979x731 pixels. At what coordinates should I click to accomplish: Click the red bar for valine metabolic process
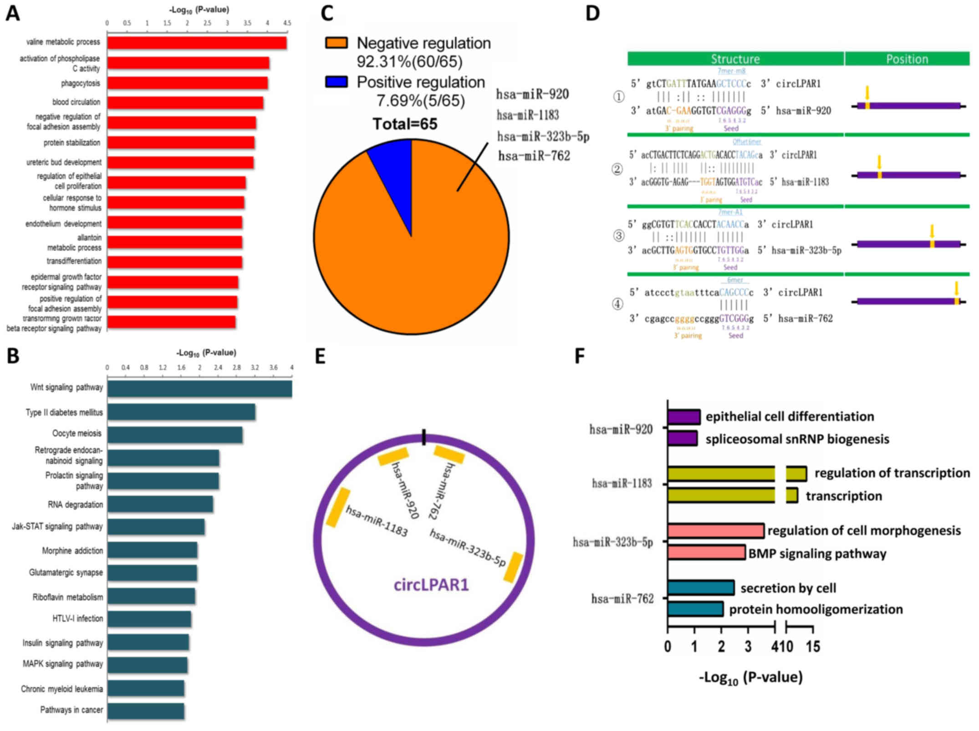point(197,43)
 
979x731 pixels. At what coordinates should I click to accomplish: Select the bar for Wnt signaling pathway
point(199,389)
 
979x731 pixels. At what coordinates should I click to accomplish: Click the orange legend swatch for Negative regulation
point(337,43)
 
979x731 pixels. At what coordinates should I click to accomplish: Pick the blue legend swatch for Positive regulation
point(337,82)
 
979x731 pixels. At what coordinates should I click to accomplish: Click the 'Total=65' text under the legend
point(405,124)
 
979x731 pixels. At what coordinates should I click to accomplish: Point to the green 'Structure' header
point(735,59)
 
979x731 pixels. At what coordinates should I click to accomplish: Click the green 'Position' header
point(907,59)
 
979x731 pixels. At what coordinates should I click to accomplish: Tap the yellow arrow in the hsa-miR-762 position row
point(956,288)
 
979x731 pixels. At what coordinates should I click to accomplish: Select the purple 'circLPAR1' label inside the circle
point(431,584)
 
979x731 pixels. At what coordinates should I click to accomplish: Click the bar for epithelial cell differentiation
point(683,417)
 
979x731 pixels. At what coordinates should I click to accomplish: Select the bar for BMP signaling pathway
point(706,552)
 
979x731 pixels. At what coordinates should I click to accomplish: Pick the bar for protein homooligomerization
point(695,609)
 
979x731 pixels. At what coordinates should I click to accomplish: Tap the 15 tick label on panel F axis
point(813,647)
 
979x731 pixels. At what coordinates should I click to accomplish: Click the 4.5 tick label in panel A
point(287,23)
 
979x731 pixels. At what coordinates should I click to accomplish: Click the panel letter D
point(592,13)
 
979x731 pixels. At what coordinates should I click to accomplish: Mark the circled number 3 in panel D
point(618,236)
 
